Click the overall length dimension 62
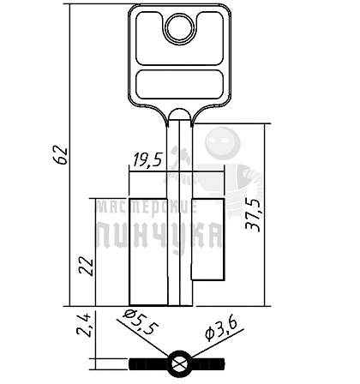tap(61, 155)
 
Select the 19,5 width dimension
tap(146, 160)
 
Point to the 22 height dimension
tap(87, 267)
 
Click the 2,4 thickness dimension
tap(84, 325)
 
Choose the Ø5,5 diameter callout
tap(140, 323)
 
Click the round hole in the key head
tap(180, 28)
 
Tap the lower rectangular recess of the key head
tap(180, 85)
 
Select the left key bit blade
tap(148, 251)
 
